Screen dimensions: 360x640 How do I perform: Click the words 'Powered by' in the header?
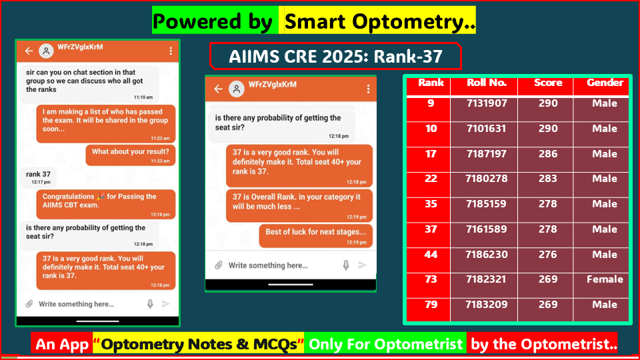[x=212, y=21]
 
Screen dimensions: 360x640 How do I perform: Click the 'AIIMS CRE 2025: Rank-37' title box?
[x=335, y=57]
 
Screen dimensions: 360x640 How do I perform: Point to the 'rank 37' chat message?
[x=38, y=174]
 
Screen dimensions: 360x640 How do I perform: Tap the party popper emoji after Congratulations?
[x=101, y=197]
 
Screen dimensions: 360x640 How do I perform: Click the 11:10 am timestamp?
[x=143, y=97]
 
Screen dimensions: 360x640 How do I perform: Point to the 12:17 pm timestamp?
[x=41, y=182]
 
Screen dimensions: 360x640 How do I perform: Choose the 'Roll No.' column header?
[x=487, y=83]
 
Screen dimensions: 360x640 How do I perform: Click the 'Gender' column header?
[x=605, y=83]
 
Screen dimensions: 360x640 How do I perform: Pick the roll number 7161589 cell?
[x=487, y=229]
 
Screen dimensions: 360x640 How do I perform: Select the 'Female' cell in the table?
[x=605, y=279]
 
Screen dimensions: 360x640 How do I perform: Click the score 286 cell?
[x=547, y=154]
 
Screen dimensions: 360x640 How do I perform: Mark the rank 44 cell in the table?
[x=431, y=255]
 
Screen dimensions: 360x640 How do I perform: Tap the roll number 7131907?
[x=487, y=103]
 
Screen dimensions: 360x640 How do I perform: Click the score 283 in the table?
[x=547, y=179]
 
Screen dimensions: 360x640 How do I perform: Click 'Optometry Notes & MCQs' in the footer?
[x=199, y=344]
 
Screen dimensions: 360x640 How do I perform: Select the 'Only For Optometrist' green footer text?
[x=385, y=344]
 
